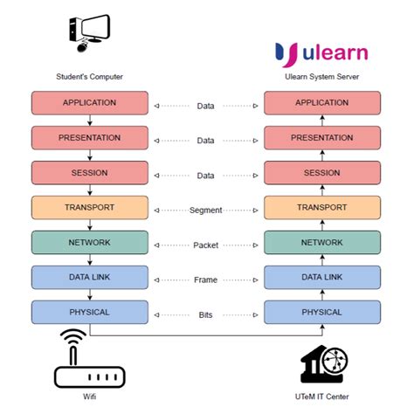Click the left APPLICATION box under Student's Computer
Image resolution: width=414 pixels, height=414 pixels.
click(89, 103)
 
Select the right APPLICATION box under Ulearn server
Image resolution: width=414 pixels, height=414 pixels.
click(321, 103)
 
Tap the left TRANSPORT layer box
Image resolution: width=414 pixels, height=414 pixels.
click(89, 208)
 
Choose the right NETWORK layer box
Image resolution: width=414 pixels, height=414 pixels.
click(321, 243)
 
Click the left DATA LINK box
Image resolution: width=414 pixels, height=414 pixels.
click(89, 277)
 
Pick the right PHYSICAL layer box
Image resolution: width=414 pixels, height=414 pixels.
click(321, 312)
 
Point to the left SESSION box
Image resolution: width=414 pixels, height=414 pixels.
click(89, 173)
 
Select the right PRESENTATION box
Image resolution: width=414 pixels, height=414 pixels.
click(321, 138)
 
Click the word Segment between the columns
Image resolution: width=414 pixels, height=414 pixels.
click(205, 210)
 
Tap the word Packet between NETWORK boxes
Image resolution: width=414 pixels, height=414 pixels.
click(205, 245)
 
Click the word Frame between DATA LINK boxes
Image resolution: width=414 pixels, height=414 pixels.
click(205, 279)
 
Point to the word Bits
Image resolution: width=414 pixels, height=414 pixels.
click(205, 314)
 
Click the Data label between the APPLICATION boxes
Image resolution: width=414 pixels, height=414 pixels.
click(205, 106)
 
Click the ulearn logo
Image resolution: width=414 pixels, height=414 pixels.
click(321, 52)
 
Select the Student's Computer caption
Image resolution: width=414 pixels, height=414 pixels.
click(89, 77)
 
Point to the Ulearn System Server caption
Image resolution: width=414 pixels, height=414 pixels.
click(321, 77)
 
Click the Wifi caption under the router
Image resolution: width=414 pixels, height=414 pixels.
click(88, 399)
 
